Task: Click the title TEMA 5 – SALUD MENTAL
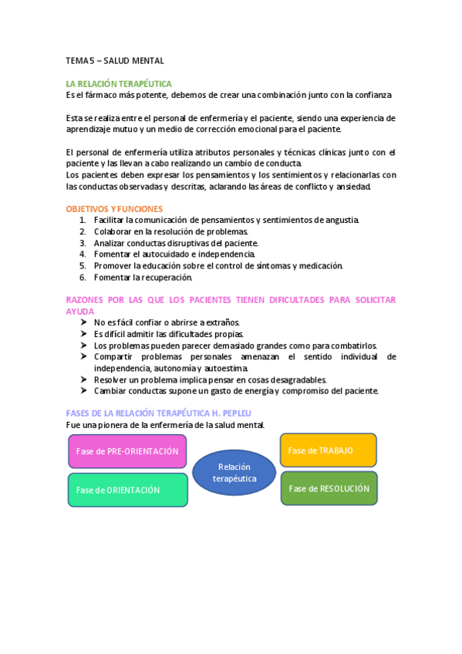point(115,60)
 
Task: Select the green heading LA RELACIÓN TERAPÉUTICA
point(119,83)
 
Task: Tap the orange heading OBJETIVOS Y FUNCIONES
point(114,209)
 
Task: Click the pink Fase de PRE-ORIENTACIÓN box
point(127,451)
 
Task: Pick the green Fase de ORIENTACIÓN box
point(127,490)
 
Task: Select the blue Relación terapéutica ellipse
point(234,472)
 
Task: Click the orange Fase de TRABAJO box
point(328,450)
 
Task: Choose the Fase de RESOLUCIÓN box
point(329,488)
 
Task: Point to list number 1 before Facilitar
point(83,220)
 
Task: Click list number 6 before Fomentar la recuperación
point(83,277)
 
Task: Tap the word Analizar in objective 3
point(110,243)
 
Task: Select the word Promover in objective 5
point(112,265)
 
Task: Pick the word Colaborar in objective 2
point(113,231)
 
